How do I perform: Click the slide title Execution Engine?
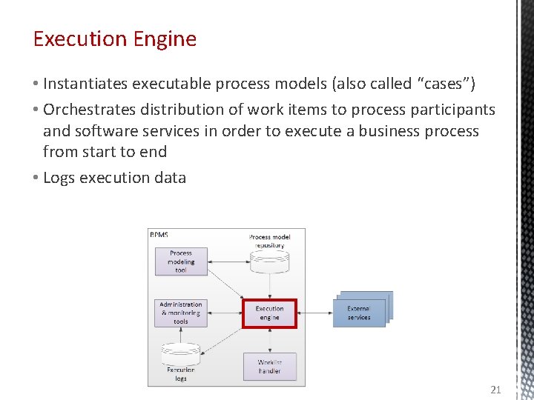115,39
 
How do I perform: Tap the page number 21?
496,389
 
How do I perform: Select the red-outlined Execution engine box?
269,313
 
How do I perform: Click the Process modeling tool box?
181,261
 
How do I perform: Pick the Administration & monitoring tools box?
181,313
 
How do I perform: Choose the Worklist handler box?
269,367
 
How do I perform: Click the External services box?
359,313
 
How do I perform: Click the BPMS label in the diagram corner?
159,235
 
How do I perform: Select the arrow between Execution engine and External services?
314,313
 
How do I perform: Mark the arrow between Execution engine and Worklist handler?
269,340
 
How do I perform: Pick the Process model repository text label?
269,241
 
